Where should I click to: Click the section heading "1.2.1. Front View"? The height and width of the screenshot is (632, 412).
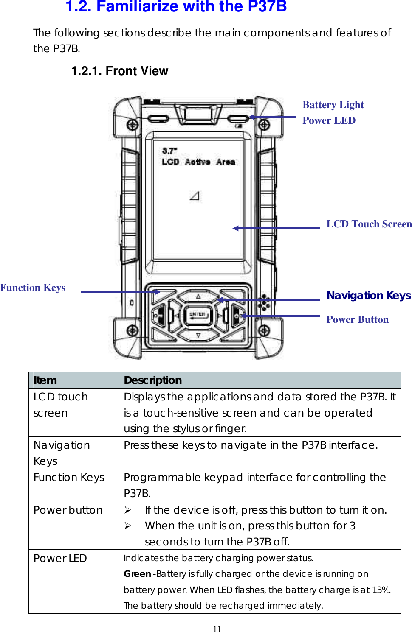coord(119,71)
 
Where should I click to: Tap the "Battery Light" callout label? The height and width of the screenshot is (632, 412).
coord(333,105)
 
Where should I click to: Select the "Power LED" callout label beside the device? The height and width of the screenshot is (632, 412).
coord(329,120)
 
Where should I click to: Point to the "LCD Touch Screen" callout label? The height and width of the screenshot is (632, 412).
coord(369,224)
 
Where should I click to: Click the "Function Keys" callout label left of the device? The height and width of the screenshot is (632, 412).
coord(33,288)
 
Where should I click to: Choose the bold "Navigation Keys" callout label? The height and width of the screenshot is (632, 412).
coord(368,295)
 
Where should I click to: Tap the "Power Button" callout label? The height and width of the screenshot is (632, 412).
coord(357,319)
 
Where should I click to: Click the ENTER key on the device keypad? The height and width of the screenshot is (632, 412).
coord(198,315)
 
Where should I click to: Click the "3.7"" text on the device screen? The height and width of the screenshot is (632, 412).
coord(169,151)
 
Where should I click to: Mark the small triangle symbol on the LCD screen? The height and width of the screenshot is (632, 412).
coord(195,196)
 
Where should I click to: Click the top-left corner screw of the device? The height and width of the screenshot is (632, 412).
coord(132,125)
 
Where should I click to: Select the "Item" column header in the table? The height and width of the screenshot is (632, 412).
coord(45,380)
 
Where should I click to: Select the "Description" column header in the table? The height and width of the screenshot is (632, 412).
coord(152,380)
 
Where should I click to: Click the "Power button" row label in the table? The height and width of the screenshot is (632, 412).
coord(68,510)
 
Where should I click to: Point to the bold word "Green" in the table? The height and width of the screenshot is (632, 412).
coord(137,574)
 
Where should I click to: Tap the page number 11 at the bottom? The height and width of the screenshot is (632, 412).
coord(217,629)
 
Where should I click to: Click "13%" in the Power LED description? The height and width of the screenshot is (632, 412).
coord(381,590)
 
